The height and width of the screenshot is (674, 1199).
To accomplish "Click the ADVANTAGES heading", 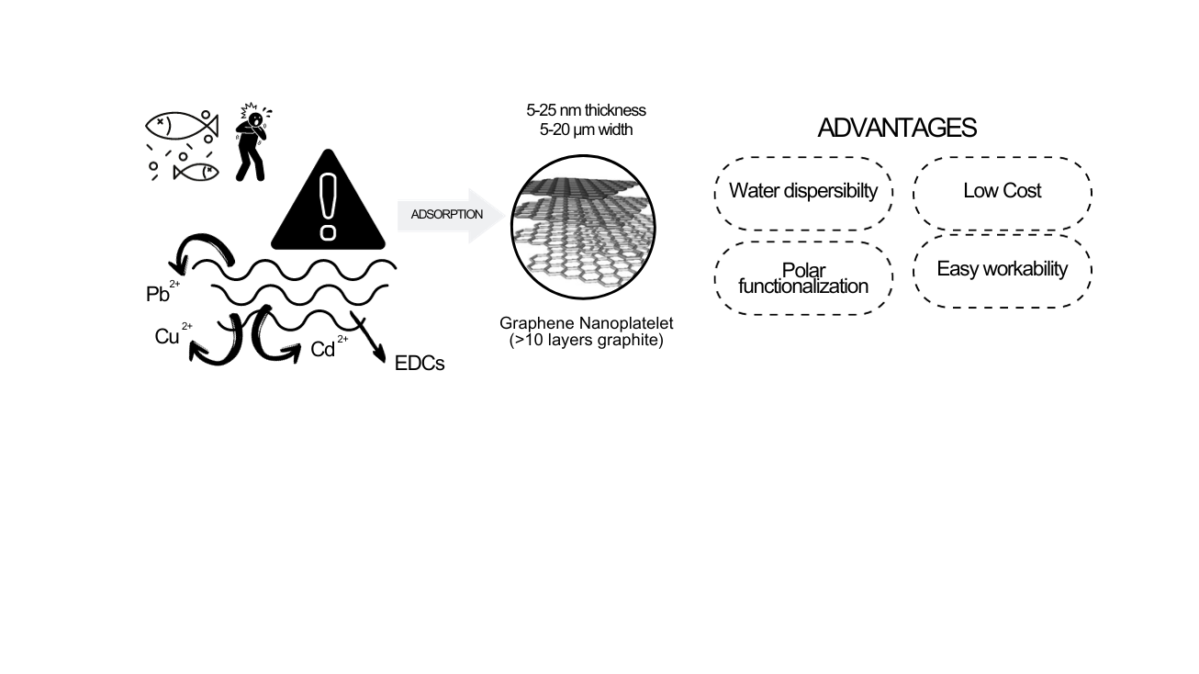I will [x=896, y=129].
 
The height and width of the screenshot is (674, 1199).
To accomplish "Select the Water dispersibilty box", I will [x=803, y=192].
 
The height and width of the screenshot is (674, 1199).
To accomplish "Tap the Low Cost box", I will [x=1002, y=192].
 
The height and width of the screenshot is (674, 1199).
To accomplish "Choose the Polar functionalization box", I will [x=803, y=278].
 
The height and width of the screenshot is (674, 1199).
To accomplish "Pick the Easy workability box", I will [x=1002, y=269].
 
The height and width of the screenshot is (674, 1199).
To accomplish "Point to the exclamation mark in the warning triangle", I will [x=328, y=208].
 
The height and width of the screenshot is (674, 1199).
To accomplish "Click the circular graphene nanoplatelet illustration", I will [x=583, y=226].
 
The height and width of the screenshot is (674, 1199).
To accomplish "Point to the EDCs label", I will [x=419, y=364].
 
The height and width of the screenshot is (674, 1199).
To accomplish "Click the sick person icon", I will [x=251, y=140].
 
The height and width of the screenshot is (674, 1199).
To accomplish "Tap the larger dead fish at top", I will [x=181, y=126].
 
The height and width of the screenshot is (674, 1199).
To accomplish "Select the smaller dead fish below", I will [x=196, y=171].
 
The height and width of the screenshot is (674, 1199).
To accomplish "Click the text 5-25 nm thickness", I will [x=586, y=110].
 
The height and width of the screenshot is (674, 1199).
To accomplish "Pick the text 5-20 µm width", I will [x=586, y=129].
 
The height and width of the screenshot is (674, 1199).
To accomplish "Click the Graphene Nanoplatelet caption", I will [x=587, y=324].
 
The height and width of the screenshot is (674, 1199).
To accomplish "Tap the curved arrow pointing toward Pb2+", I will [x=206, y=248].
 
